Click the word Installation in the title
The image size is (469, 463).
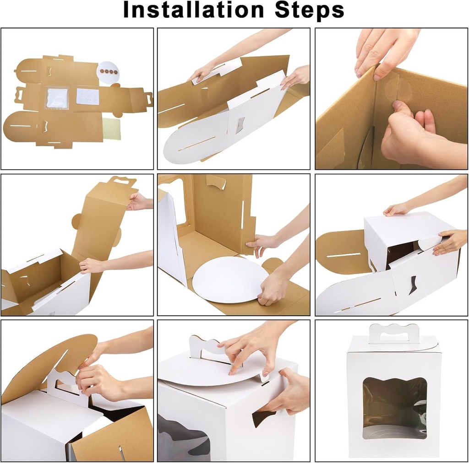pos(192,11)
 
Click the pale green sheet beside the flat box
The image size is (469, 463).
pos(112,129)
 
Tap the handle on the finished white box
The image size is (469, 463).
pos(393,334)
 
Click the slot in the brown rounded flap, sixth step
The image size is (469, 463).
pos(344,255)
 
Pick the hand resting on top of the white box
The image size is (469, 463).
pos(398,210)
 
